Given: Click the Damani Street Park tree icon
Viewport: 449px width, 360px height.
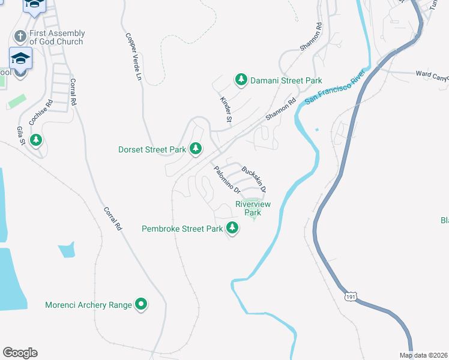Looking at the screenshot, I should (x=241, y=80).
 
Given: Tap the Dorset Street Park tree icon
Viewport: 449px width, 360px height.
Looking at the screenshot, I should (x=195, y=148).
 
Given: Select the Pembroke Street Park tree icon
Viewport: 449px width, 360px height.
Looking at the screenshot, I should (x=232, y=228).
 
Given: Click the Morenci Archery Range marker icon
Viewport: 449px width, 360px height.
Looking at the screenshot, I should (x=141, y=305).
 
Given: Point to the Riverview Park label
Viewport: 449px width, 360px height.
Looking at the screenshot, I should (x=253, y=208).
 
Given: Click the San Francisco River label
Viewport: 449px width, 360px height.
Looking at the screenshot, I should (x=339, y=91).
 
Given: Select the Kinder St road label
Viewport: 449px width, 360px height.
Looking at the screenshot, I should (x=226, y=110).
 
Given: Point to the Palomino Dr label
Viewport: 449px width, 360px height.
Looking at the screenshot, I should (x=228, y=180).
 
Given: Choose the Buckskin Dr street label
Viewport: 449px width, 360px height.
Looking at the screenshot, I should (x=253, y=178).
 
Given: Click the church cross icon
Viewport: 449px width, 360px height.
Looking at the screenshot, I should (x=20, y=37).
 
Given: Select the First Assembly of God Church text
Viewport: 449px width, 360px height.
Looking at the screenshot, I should (x=57, y=37).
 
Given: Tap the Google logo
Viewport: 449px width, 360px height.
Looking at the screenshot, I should (x=20, y=353).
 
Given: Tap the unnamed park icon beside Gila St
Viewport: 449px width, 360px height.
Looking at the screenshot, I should (x=37, y=140).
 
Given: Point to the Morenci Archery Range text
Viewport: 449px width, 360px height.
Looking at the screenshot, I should (x=88, y=305).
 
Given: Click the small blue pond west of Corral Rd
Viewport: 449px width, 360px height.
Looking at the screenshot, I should (x=67, y=249).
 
